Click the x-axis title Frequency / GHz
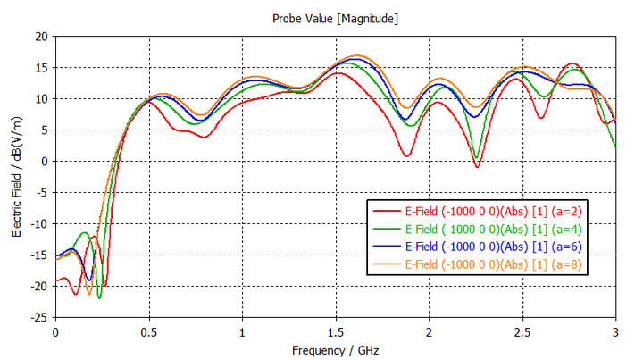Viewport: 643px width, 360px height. (335, 350)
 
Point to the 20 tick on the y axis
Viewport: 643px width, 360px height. (41, 37)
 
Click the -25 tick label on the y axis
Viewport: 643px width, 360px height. (38, 317)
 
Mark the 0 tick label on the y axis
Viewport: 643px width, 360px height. (45, 162)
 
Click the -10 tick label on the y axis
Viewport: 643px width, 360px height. (38, 224)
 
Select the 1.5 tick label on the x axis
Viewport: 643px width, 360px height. (336, 332)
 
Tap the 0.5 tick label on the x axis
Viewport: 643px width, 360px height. (149, 332)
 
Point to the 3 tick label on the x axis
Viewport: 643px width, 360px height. (615, 332)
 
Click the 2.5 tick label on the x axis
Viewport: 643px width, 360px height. (522, 332)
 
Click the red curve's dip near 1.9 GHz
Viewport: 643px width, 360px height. (407, 156)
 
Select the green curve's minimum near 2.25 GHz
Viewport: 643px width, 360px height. (477, 158)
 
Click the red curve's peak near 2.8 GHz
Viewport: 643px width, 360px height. (573, 63)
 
